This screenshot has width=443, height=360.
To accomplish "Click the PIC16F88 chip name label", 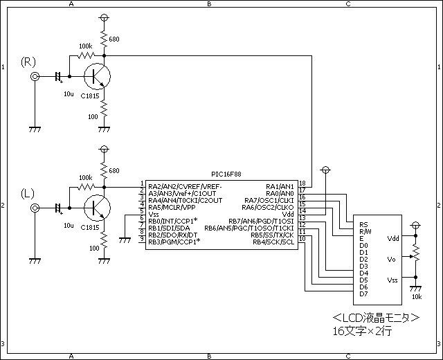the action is click(x=226, y=174).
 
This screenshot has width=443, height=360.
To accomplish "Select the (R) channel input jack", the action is click(x=35, y=76).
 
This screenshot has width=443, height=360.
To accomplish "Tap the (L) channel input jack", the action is click(x=35, y=208).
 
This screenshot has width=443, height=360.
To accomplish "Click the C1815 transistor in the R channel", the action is click(x=97, y=76).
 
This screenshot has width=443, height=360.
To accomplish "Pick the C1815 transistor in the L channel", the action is click(x=97, y=208).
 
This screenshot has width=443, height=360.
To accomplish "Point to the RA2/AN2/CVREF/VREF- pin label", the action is click(x=185, y=186).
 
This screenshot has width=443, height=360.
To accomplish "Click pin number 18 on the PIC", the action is click(x=302, y=183).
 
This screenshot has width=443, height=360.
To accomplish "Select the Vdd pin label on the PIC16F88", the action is click(x=288, y=214).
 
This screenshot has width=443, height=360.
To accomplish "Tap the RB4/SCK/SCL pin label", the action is click(x=273, y=242).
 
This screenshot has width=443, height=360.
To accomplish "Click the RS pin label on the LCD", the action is click(x=363, y=224).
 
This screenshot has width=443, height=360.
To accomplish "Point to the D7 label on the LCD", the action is click(x=363, y=294).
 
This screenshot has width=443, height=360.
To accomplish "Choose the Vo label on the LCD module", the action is click(x=391, y=259).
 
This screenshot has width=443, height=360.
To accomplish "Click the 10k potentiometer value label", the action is click(x=417, y=297).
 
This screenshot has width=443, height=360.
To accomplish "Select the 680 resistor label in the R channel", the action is click(x=114, y=39).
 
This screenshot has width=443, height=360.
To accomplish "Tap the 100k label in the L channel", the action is click(x=85, y=177).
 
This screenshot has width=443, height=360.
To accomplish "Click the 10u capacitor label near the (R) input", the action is click(x=69, y=94).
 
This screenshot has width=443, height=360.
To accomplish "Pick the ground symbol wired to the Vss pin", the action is click(x=125, y=240).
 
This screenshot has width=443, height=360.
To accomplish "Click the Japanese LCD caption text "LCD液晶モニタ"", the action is click(x=375, y=318).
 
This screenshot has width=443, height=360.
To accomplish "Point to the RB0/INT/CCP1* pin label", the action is click(x=172, y=221).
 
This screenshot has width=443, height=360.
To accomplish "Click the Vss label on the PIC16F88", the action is click(x=154, y=214).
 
